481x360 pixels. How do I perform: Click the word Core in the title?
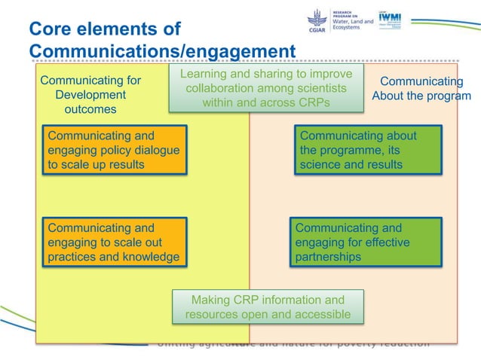49,29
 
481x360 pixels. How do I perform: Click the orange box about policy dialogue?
115,150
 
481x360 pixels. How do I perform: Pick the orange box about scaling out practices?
115,242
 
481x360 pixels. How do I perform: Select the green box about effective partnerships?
366,242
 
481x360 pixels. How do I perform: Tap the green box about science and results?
369,150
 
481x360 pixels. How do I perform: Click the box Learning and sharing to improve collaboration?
265,88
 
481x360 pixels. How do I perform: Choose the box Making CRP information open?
268,306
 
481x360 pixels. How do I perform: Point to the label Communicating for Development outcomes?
90,95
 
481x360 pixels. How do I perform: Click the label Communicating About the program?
421,88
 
